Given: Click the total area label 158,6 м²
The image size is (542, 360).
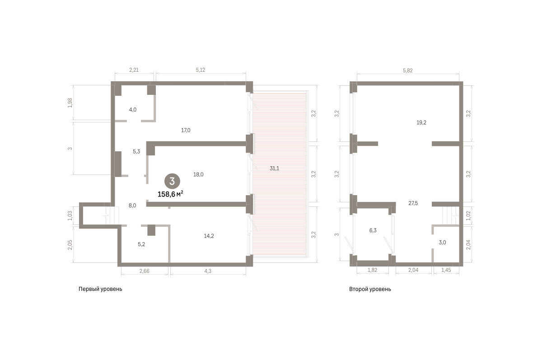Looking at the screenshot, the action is pos(170,194).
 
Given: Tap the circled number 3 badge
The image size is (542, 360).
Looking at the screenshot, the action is pos(172,181).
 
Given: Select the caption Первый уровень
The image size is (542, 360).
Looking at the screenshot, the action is pos(100,289).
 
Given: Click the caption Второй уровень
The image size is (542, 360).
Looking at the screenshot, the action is pos(370,289).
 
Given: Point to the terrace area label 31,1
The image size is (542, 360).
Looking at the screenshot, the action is pos(275,168).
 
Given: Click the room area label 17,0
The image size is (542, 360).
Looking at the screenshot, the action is pos(186,131).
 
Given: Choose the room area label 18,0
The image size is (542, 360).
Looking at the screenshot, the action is pos(198,174).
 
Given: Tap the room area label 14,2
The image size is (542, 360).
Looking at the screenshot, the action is pos(209,236).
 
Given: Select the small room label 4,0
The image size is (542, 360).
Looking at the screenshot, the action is pos(133,110).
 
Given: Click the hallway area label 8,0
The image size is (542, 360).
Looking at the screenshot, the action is pos(132,206).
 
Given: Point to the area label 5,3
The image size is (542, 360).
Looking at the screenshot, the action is pos(136,152).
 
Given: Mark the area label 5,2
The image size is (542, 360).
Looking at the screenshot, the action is pos(141,244).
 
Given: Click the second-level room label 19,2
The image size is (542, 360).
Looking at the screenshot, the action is pos(421,123).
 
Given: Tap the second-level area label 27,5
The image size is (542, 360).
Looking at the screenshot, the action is pos(413,203).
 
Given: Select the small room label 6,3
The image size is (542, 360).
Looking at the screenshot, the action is pos(373,230).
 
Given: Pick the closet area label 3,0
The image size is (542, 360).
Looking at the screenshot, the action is pos(442,243).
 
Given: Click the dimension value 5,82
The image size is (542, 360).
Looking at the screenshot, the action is pos(408,70).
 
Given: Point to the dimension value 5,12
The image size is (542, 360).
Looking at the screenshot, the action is pos(201,70).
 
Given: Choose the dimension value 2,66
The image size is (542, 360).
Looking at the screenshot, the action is pos(145,271).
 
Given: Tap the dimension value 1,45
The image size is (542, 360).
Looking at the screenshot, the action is pos(446,270).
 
